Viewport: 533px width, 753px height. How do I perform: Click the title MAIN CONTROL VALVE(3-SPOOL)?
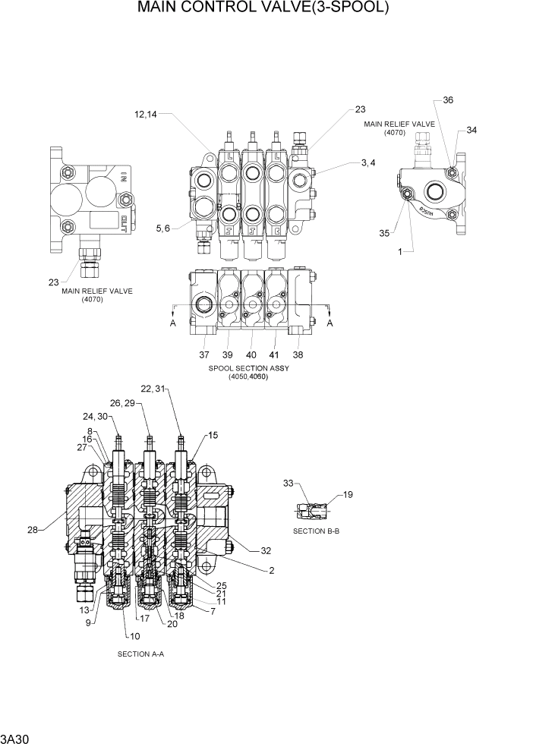[263, 9]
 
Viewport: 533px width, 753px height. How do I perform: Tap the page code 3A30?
[15, 739]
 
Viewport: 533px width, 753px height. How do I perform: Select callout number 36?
[448, 100]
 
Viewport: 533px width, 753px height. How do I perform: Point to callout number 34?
[471, 130]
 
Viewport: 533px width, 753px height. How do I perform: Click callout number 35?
[384, 233]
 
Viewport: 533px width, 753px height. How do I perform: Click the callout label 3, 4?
[368, 162]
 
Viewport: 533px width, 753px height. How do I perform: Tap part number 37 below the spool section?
[204, 354]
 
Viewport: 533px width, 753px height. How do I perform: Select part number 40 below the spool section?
[251, 354]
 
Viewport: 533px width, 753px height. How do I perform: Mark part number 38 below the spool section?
[298, 354]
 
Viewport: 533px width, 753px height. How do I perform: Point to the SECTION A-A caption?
[140, 654]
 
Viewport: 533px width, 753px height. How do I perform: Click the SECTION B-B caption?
[316, 531]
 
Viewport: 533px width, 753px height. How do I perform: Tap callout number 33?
[288, 483]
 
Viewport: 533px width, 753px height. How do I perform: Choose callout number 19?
[348, 495]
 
